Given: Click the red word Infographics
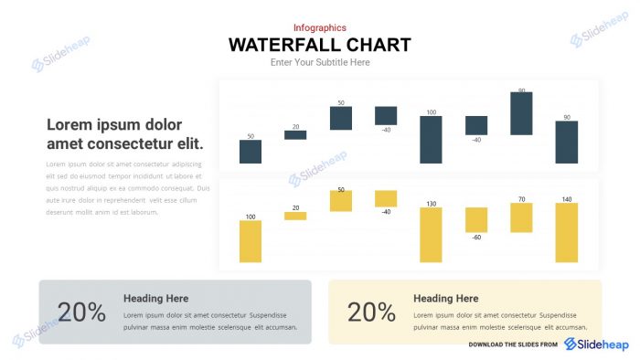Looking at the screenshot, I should pyautogui.click(x=320, y=28).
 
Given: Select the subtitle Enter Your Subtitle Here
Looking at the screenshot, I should pyautogui.click(x=320, y=62).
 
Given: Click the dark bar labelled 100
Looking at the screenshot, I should pyautogui.click(x=431, y=139).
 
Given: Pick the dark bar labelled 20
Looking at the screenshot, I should pyautogui.click(x=295, y=134).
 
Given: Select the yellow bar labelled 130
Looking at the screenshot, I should pyautogui.click(x=431, y=235).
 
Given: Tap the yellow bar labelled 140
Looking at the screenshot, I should pyautogui.click(x=567, y=232).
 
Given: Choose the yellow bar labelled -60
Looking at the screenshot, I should pyautogui.click(x=476, y=219).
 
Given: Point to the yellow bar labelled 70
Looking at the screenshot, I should pyautogui.click(x=521, y=217).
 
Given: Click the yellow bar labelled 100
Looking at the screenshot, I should pyautogui.click(x=251, y=241).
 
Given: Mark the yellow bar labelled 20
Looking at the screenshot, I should pyautogui.click(x=295, y=216).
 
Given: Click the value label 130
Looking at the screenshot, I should pyautogui.click(x=431, y=204).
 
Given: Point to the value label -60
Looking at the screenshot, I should pyautogui.click(x=476, y=238).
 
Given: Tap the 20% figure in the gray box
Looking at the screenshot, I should pyautogui.click(x=81, y=312).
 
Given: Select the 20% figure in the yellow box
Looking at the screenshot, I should pyautogui.click(x=371, y=312).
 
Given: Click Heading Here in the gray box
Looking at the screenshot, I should pyautogui.click(x=155, y=298).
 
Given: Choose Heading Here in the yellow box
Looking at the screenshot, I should pyautogui.click(x=445, y=298).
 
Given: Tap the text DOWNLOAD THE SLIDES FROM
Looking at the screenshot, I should pyautogui.click(x=513, y=344).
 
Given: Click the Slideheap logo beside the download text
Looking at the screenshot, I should pyautogui.click(x=596, y=344).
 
